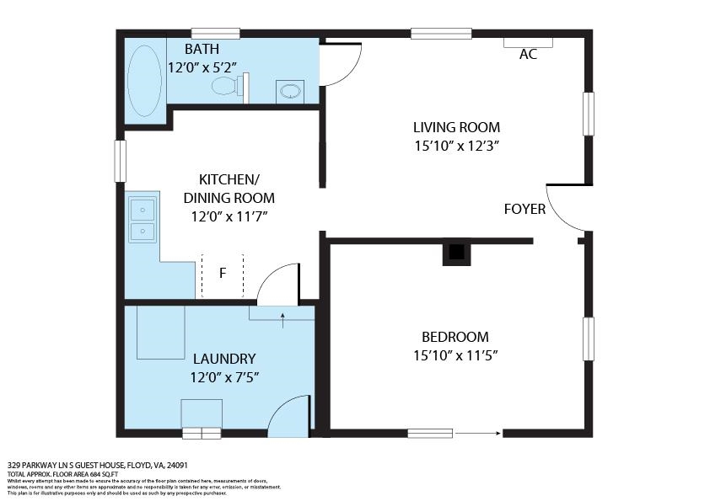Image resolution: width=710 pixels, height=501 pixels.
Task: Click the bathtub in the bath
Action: (x=144, y=80)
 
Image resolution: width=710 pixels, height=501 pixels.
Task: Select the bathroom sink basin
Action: (x=291, y=90)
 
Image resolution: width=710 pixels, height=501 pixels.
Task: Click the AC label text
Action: (x=528, y=55)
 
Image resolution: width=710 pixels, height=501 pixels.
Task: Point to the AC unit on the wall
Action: (x=528, y=41)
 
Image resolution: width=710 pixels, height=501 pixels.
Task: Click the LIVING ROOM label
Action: (x=456, y=128)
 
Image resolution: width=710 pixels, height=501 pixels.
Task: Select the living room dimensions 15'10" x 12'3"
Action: (x=456, y=146)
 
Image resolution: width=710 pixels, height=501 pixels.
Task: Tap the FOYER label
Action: (x=524, y=209)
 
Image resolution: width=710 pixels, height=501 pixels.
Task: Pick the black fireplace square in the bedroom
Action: (x=456, y=252)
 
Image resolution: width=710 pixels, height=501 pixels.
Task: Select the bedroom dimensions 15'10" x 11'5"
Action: (x=456, y=355)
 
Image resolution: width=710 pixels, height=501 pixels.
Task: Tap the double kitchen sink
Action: (x=143, y=219)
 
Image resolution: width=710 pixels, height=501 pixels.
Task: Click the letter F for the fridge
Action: (x=223, y=273)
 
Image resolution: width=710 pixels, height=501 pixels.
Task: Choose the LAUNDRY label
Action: (x=223, y=359)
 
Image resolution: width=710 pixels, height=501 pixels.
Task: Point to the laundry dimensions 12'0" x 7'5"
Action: (x=223, y=377)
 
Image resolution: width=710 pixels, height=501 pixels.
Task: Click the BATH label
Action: (x=202, y=50)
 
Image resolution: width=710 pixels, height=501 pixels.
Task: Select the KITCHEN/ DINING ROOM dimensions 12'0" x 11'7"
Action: (x=229, y=216)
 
